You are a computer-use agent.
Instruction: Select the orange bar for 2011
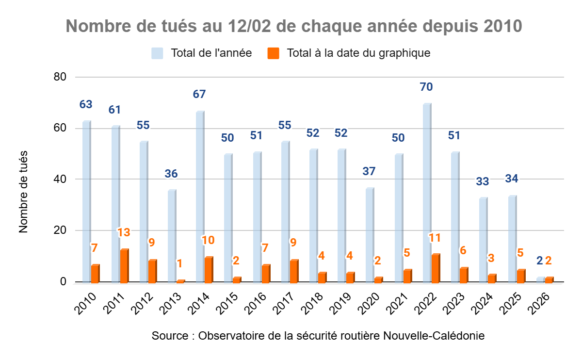click(124, 265)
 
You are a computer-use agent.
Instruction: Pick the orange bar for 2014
click(209, 270)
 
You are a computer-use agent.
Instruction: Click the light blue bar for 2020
click(370, 235)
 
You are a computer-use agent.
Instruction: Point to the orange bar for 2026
click(549, 279)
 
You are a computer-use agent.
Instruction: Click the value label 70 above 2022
click(427, 87)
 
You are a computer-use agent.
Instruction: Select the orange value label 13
click(124, 232)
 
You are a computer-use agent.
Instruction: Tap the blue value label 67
click(199, 95)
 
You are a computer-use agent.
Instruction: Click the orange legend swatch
click(274, 53)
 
